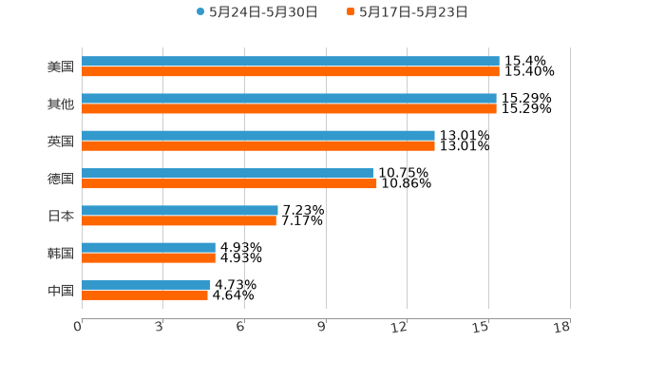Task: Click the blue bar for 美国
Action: click(x=290, y=62)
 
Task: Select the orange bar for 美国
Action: click(x=290, y=72)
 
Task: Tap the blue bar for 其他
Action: click(x=289, y=99)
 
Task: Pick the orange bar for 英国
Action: click(x=258, y=146)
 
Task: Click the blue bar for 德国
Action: click(x=227, y=173)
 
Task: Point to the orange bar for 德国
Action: click(x=229, y=183)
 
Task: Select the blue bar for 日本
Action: click(x=180, y=210)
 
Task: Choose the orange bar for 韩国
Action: click(x=148, y=257)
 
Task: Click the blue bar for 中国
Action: click(x=146, y=284)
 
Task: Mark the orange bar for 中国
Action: click(x=144, y=294)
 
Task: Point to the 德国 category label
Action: click(x=61, y=179)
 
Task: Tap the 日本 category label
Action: click(x=61, y=216)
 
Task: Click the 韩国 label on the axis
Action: click(x=61, y=253)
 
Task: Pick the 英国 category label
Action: click(x=61, y=142)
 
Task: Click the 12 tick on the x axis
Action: click(x=406, y=327)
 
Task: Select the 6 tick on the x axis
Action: click(x=242, y=327)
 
